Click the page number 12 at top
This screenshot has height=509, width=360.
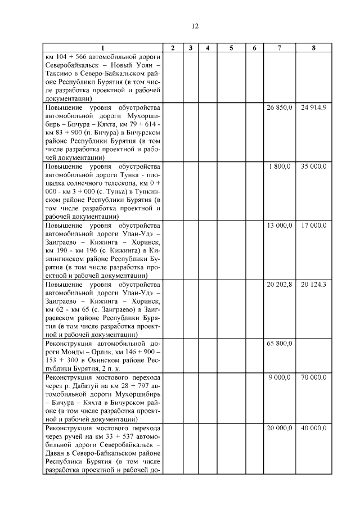pos(195,26)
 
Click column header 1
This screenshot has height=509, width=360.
pos(102,48)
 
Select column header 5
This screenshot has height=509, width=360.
pos(231,48)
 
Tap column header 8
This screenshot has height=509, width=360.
pos(313,48)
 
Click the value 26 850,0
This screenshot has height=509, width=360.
pos(279,107)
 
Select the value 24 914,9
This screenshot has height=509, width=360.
pos(313,107)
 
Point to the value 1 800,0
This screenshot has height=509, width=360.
pos(280,166)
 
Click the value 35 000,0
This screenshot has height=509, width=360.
pos(313,166)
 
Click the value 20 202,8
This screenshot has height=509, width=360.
pos(279,285)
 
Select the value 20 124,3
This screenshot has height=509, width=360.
pos(313,285)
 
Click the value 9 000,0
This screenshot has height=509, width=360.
pos(280,377)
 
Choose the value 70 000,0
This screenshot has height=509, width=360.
pos(313,377)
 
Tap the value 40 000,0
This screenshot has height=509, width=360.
pos(313,428)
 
